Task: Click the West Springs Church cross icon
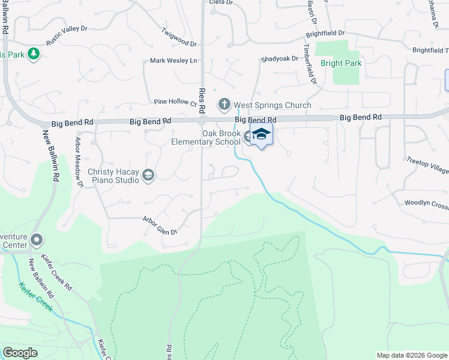[x=224, y=105]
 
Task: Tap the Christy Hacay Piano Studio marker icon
[x=148, y=175]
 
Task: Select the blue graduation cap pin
[x=261, y=135]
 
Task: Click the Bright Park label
[x=341, y=63]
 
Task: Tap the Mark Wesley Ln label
[x=173, y=61]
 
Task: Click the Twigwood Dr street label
[x=179, y=37]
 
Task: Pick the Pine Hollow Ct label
[x=175, y=102]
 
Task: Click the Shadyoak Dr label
[x=279, y=59]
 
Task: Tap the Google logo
[x=20, y=353]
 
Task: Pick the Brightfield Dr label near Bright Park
[x=325, y=34]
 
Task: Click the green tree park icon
[x=34, y=54]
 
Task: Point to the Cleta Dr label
[x=220, y=2]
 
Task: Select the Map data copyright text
[x=411, y=355]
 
